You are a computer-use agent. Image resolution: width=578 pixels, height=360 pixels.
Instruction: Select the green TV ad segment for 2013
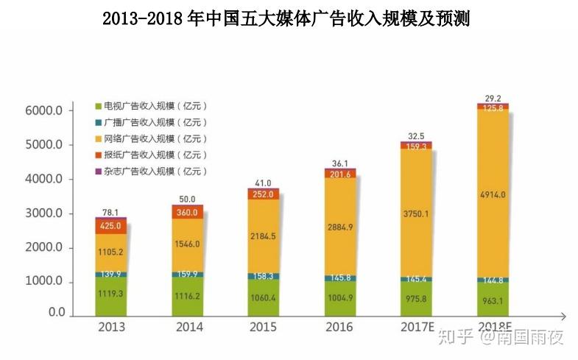click(110, 294)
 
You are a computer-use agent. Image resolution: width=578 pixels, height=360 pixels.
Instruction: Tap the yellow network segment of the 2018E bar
click(492, 195)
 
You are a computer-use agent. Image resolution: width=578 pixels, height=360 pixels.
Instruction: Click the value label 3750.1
click(415, 213)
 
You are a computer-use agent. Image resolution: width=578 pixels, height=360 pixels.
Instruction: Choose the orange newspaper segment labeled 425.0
click(110, 227)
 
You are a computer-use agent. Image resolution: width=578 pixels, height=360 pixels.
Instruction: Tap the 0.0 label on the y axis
click(57, 312)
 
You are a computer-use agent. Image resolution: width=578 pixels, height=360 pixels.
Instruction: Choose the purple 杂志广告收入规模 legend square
click(98, 171)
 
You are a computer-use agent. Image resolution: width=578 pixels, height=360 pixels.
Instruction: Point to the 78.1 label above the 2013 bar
click(110, 211)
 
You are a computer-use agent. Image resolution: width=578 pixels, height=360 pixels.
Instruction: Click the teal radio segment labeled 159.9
click(187, 273)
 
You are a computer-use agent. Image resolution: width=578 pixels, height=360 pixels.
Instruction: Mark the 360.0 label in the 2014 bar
click(187, 211)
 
